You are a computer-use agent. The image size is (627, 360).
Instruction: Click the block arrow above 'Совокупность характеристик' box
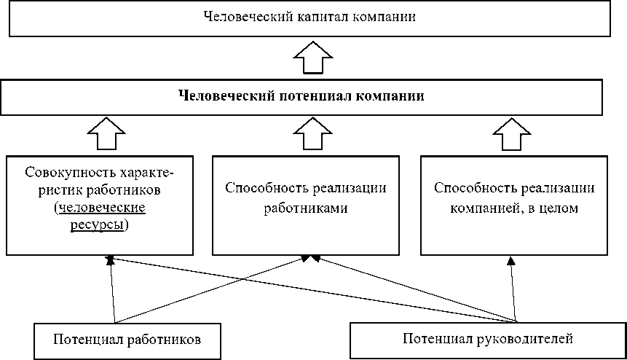(x=106, y=134)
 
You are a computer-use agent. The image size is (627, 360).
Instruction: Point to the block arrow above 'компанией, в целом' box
(x=512, y=134)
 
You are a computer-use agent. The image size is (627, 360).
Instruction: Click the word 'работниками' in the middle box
(x=305, y=208)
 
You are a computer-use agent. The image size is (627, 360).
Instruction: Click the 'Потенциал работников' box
(x=117, y=340)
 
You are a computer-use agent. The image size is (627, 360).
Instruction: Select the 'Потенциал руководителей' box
(x=488, y=339)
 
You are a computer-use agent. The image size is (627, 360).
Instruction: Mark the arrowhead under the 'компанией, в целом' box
(x=511, y=260)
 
